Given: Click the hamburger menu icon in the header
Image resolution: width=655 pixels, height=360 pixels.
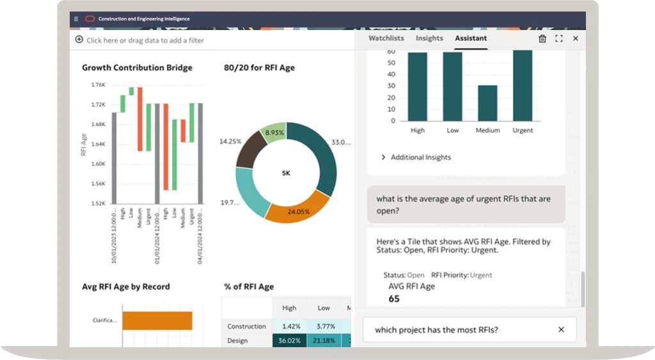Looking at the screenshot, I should tap(76, 19).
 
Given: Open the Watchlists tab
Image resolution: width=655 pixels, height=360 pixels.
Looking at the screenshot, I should tap(386, 38).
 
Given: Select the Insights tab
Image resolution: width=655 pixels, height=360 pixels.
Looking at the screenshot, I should tap(429, 38).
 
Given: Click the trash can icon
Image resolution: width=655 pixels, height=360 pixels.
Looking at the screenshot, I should tap(542, 39).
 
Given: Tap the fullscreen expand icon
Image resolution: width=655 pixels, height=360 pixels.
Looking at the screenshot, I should tap(559, 39).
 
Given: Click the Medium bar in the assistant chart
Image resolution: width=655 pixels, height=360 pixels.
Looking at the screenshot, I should tap(487, 103).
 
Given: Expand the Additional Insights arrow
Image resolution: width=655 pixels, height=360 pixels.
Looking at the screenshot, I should tap(383, 157).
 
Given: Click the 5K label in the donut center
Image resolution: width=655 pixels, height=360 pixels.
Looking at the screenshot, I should tap(286, 173).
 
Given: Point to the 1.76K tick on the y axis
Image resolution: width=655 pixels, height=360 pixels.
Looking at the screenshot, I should tap(98, 84).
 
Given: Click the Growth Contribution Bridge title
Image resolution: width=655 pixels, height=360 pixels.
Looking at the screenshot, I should tap(137, 68).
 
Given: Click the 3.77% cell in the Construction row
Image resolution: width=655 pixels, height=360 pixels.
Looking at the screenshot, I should tap(324, 326).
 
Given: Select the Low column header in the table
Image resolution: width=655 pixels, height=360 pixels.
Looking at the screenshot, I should tap(324, 308).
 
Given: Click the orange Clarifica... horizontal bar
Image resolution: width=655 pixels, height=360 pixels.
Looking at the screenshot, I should tap(157, 320).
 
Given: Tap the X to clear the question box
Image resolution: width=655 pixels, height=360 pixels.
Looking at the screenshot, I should tap(561, 330).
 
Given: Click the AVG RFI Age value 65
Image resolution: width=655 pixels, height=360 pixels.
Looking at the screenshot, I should tap(394, 299).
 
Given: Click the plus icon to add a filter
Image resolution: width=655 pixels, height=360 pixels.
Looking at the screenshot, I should tap(79, 40).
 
